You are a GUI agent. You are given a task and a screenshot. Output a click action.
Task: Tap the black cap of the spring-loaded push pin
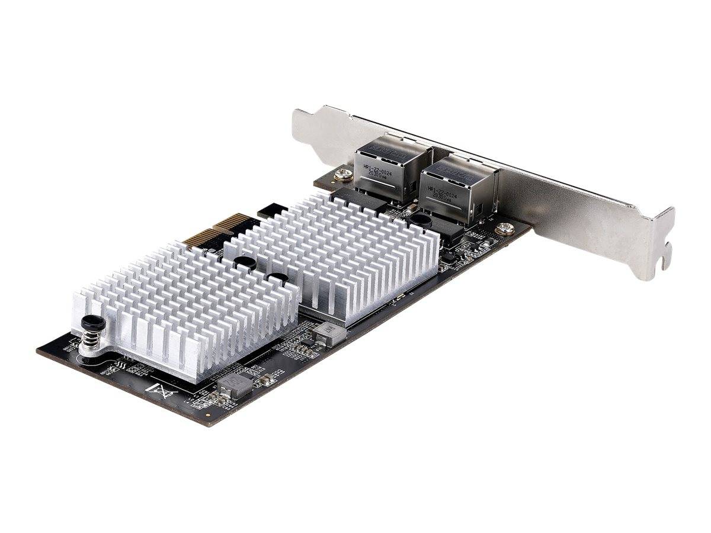(x=89, y=323)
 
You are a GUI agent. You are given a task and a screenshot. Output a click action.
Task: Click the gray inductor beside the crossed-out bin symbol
(x=236, y=385)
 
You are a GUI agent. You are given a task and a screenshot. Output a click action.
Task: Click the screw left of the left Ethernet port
(x=341, y=175)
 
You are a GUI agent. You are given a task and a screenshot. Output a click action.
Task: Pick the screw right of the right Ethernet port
(x=505, y=227)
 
